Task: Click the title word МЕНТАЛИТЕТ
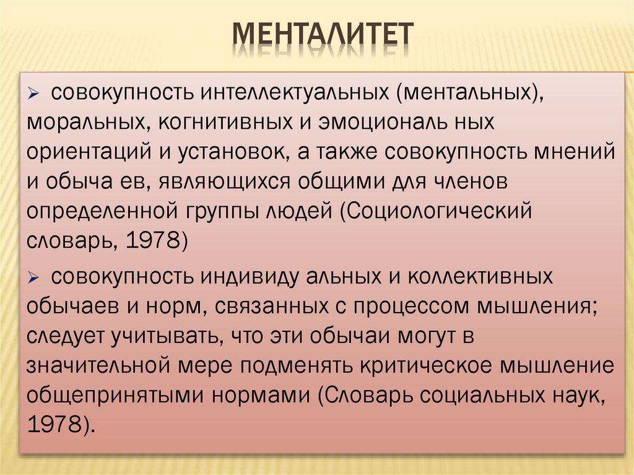point(322,35)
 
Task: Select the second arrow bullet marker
point(35,277)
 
